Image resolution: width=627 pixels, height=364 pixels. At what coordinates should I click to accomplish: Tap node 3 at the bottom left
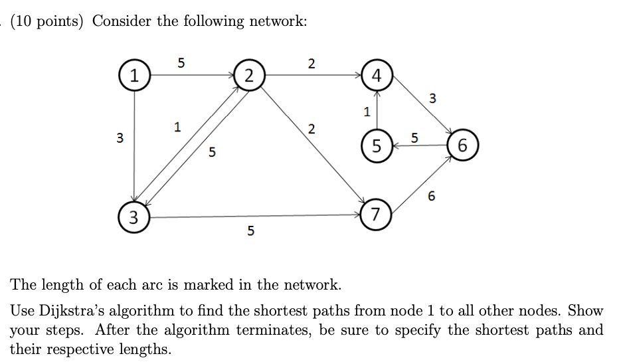click(x=134, y=217)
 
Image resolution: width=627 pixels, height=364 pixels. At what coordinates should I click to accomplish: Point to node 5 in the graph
click(x=377, y=145)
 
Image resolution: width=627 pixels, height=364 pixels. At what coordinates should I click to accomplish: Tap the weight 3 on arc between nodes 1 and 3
click(x=120, y=139)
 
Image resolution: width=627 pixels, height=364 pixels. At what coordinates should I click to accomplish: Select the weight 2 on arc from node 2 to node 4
click(x=312, y=64)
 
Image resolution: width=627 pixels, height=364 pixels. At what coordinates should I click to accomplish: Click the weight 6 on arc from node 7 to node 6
click(x=432, y=197)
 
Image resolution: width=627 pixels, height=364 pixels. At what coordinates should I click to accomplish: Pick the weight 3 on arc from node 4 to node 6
click(x=432, y=99)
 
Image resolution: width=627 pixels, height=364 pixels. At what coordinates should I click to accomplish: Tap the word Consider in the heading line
click(x=122, y=21)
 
